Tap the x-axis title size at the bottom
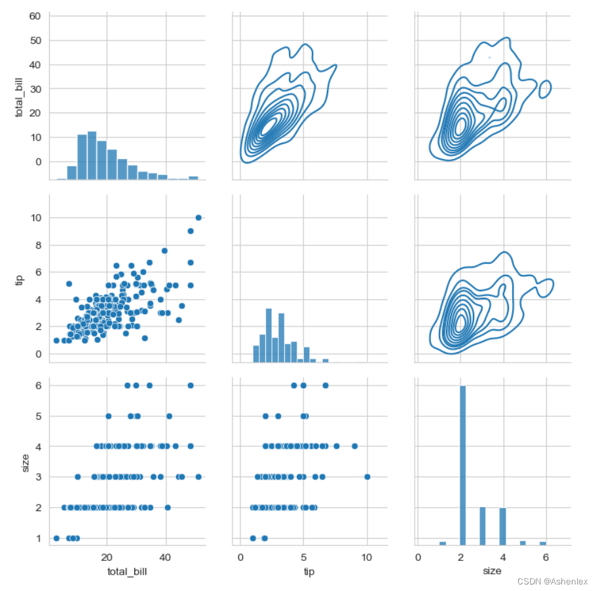pyautogui.click(x=493, y=571)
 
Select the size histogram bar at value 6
pyautogui.click(x=543, y=543)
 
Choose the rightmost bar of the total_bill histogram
pyautogui.click(x=193, y=177)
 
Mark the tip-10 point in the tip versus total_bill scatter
pyautogui.click(x=198, y=218)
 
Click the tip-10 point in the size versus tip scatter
pyautogui.click(x=367, y=476)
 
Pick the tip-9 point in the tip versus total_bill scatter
pyautogui.click(x=191, y=231)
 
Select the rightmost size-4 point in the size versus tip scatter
pyautogui.click(x=354, y=446)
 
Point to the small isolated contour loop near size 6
pyautogui.click(x=545, y=88)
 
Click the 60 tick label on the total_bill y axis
pyautogui.click(x=36, y=16)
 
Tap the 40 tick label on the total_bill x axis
pyautogui.click(x=166, y=556)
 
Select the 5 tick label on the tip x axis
pyautogui.click(x=303, y=556)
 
